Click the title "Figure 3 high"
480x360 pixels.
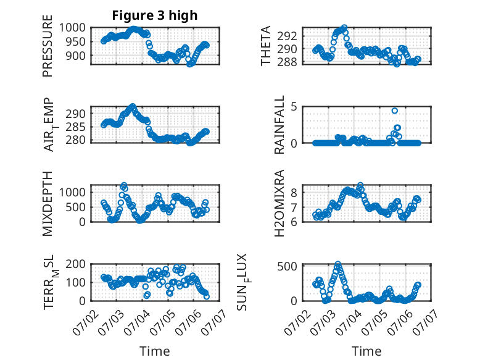(155, 15)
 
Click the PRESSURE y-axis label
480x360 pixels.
(48, 46)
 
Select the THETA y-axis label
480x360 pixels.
(266, 46)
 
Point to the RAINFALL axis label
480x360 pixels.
(279, 125)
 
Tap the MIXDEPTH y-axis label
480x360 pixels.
(48, 203)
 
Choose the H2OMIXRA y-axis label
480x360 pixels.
(279, 203)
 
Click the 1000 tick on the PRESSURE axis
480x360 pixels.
(72, 28)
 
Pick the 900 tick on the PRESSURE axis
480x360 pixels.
(76, 56)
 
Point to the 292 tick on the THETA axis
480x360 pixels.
(287, 36)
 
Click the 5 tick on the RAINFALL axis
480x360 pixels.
(294, 107)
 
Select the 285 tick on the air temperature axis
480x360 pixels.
(76, 127)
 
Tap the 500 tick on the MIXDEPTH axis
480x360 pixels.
(76, 207)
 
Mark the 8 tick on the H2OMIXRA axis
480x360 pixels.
(294, 193)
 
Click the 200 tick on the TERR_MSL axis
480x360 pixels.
(76, 264)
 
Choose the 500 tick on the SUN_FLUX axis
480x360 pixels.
(287, 266)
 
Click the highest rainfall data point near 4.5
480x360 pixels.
(395, 111)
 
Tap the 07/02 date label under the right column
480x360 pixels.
(296, 322)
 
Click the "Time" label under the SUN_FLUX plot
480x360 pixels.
(366, 351)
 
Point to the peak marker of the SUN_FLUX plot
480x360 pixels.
(338, 264)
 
